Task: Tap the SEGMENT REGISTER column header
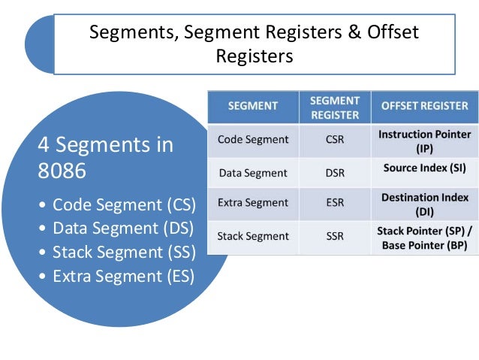[x=334, y=107]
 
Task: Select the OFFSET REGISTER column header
[x=424, y=107]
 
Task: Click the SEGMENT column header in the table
[x=253, y=107]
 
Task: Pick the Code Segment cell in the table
[x=252, y=139]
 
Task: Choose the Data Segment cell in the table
[x=252, y=172]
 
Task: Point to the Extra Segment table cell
[x=252, y=203]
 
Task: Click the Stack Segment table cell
[x=252, y=236]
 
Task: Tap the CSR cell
[x=334, y=139]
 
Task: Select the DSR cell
[x=334, y=172]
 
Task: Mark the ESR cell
[x=334, y=203]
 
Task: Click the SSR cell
[x=334, y=236]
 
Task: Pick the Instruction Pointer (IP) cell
[x=424, y=141]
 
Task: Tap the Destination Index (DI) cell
[x=424, y=203]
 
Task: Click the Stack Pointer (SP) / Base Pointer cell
[x=424, y=236]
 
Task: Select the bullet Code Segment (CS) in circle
[x=121, y=204]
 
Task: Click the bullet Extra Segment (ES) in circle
[x=122, y=276]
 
